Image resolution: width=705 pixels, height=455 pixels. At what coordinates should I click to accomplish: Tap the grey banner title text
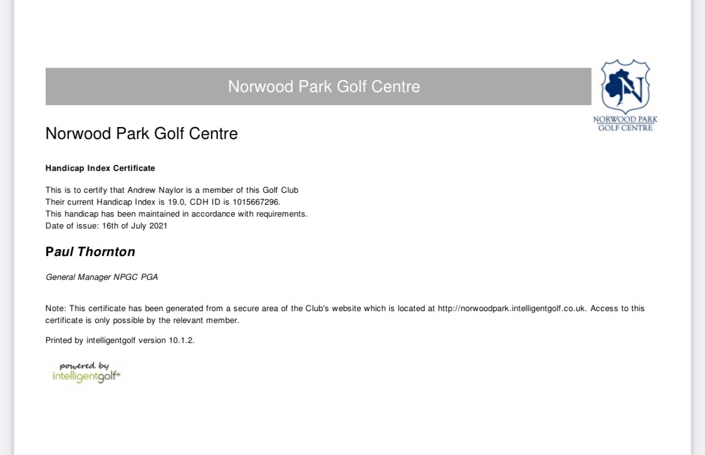pyautogui.click(x=324, y=86)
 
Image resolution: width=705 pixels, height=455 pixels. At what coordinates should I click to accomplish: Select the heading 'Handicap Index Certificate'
pyautogui.click(x=100, y=168)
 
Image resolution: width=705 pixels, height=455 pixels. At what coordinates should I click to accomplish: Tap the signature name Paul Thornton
pyautogui.click(x=90, y=252)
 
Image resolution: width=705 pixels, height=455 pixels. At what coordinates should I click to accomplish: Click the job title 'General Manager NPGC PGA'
pyautogui.click(x=102, y=277)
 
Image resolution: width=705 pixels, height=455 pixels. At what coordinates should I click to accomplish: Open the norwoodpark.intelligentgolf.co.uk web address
pyautogui.click(x=511, y=309)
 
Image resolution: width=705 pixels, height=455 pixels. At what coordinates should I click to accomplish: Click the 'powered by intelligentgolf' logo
pyautogui.click(x=86, y=372)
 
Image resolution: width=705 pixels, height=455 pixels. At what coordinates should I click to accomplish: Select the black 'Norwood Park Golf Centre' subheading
pyautogui.click(x=142, y=133)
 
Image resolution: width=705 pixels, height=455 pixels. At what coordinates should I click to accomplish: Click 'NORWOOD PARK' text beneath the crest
pyautogui.click(x=625, y=120)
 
